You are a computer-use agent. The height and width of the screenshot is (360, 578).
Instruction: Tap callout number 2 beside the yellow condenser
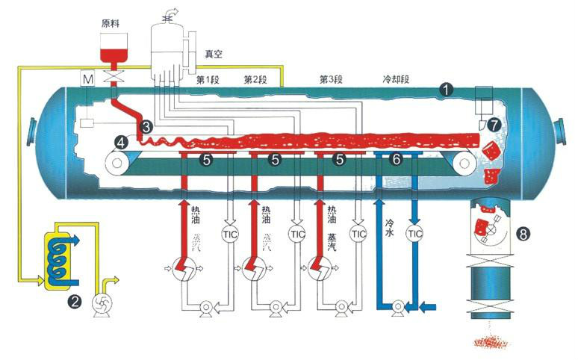pyautogui.click(x=74, y=302)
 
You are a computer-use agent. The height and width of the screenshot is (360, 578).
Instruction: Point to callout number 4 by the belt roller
pyautogui.click(x=121, y=140)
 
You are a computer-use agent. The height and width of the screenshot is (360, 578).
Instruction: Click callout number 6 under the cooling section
pyautogui.click(x=397, y=159)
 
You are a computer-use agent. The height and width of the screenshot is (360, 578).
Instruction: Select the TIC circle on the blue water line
pyautogui.click(x=414, y=233)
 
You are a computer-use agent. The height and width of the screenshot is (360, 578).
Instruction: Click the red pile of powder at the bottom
pyautogui.click(x=492, y=343)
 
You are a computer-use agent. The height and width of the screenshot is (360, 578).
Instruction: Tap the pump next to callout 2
pyautogui.click(x=99, y=302)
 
